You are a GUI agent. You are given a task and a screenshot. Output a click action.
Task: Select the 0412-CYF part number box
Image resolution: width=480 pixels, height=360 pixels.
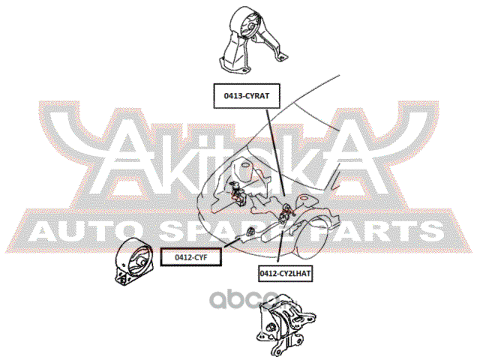coord(190,257)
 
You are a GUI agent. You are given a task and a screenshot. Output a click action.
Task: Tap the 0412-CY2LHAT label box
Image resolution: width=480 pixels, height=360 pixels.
coord(284,273)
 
